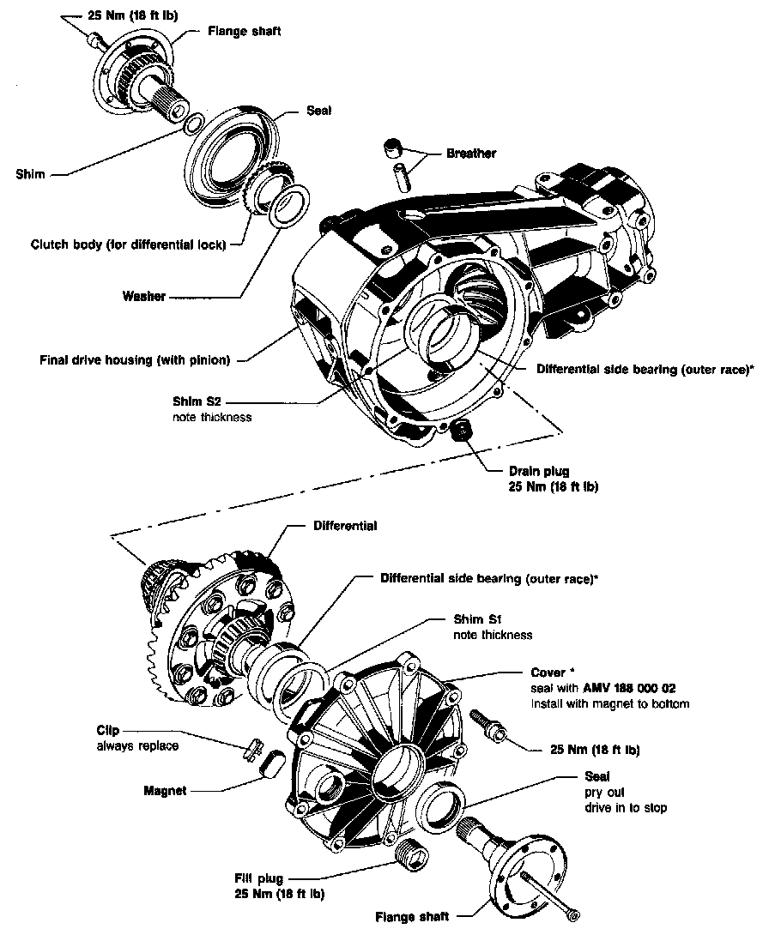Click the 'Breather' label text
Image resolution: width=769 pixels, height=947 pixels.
pyautogui.click(x=471, y=154)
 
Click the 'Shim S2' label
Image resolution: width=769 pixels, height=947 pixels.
pyautogui.click(x=197, y=401)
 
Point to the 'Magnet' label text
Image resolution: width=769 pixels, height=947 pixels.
pyautogui.click(x=165, y=791)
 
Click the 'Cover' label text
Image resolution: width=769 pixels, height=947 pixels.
pyautogui.click(x=548, y=673)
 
